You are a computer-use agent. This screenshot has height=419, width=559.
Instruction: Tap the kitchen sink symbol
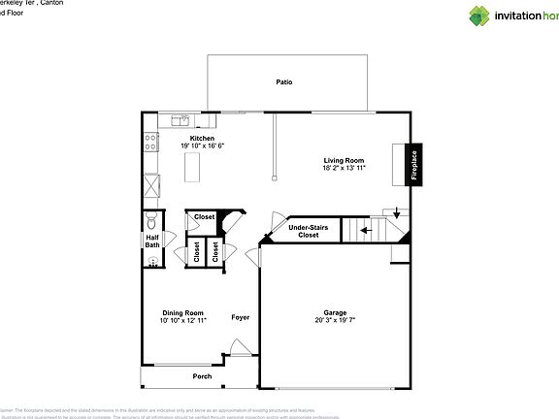coord(180,121)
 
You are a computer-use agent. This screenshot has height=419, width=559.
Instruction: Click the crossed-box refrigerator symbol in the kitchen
coord(150,185)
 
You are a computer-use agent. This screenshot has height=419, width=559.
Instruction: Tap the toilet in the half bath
coord(151,219)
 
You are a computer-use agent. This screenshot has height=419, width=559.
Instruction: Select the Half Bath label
coord(152,242)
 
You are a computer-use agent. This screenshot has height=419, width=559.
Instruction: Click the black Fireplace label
coord(413,164)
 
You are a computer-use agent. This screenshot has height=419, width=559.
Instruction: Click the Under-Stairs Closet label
coord(309,231)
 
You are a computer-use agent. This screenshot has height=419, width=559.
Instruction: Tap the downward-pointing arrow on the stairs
coord(396,213)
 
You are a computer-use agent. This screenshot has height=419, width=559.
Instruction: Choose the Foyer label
coord(240,317)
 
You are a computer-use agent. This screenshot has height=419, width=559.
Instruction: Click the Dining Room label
coord(182,313)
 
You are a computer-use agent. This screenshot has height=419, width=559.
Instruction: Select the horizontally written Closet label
coord(204,217)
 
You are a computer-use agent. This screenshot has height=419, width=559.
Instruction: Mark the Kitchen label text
coord(202,139)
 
